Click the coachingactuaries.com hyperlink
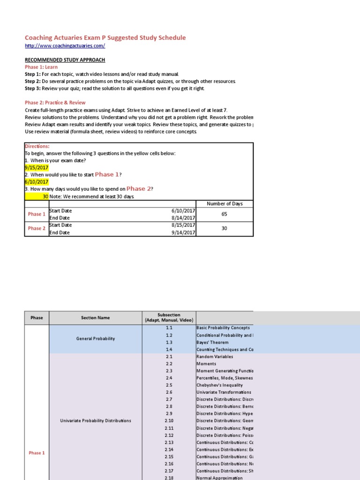coord(65,45)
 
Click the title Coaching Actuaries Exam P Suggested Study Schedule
coord(105,37)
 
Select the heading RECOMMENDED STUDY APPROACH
coord(65,60)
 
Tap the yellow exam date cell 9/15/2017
coord(36,167)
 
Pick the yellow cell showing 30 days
coord(37,196)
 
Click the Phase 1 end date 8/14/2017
coord(183,218)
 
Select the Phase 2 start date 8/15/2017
coord(183,225)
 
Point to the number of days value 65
coord(224,214)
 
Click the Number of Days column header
coord(224,203)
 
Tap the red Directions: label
coord(37,146)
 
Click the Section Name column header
coord(95,318)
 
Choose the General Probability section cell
coord(95,338)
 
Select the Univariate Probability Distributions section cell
coord(95,420)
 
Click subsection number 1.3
coord(169,342)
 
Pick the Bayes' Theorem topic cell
coord(212,342)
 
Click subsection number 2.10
coord(169,420)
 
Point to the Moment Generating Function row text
coord(224,371)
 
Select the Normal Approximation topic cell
coord(219,478)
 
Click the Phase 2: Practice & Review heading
coord(55,102)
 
